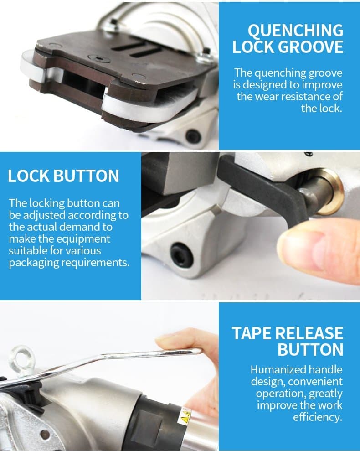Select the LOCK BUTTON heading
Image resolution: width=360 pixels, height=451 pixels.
(x=63, y=176)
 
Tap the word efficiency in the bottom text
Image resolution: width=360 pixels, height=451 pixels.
(x=319, y=417)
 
